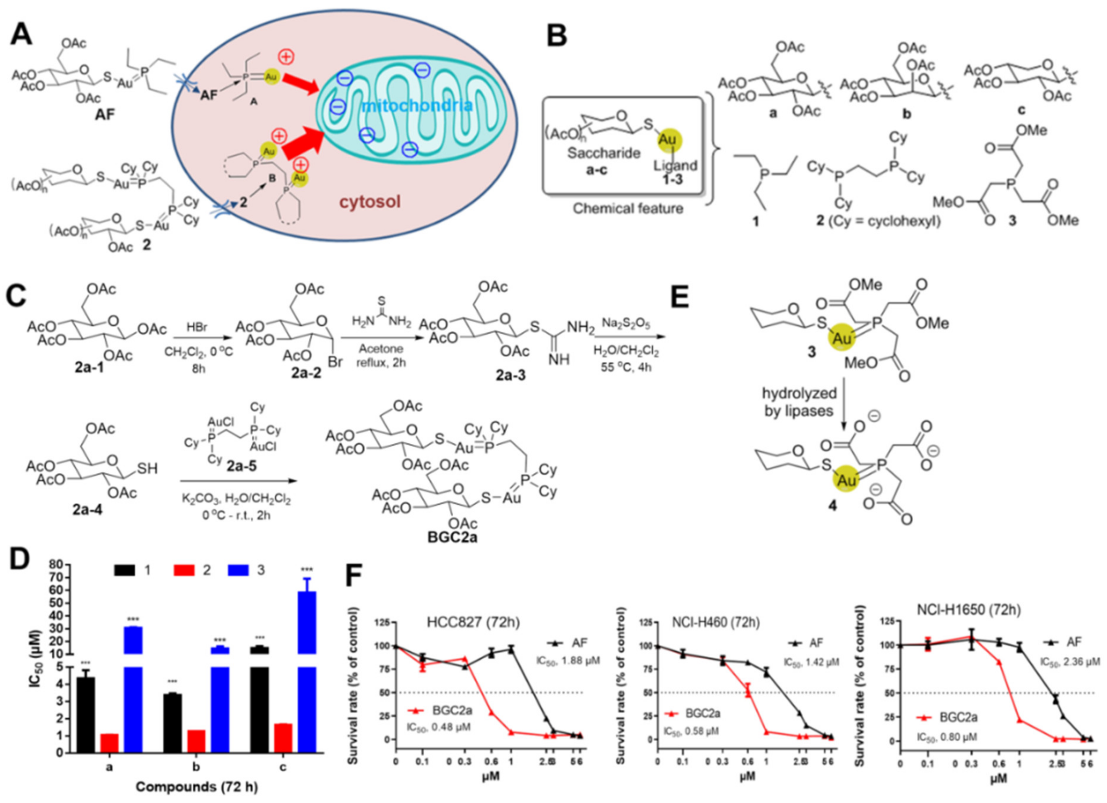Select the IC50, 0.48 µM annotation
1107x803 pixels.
tap(439, 727)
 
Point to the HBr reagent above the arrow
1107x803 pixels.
tap(197, 327)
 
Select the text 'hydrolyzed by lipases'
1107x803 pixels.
tap(799, 402)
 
